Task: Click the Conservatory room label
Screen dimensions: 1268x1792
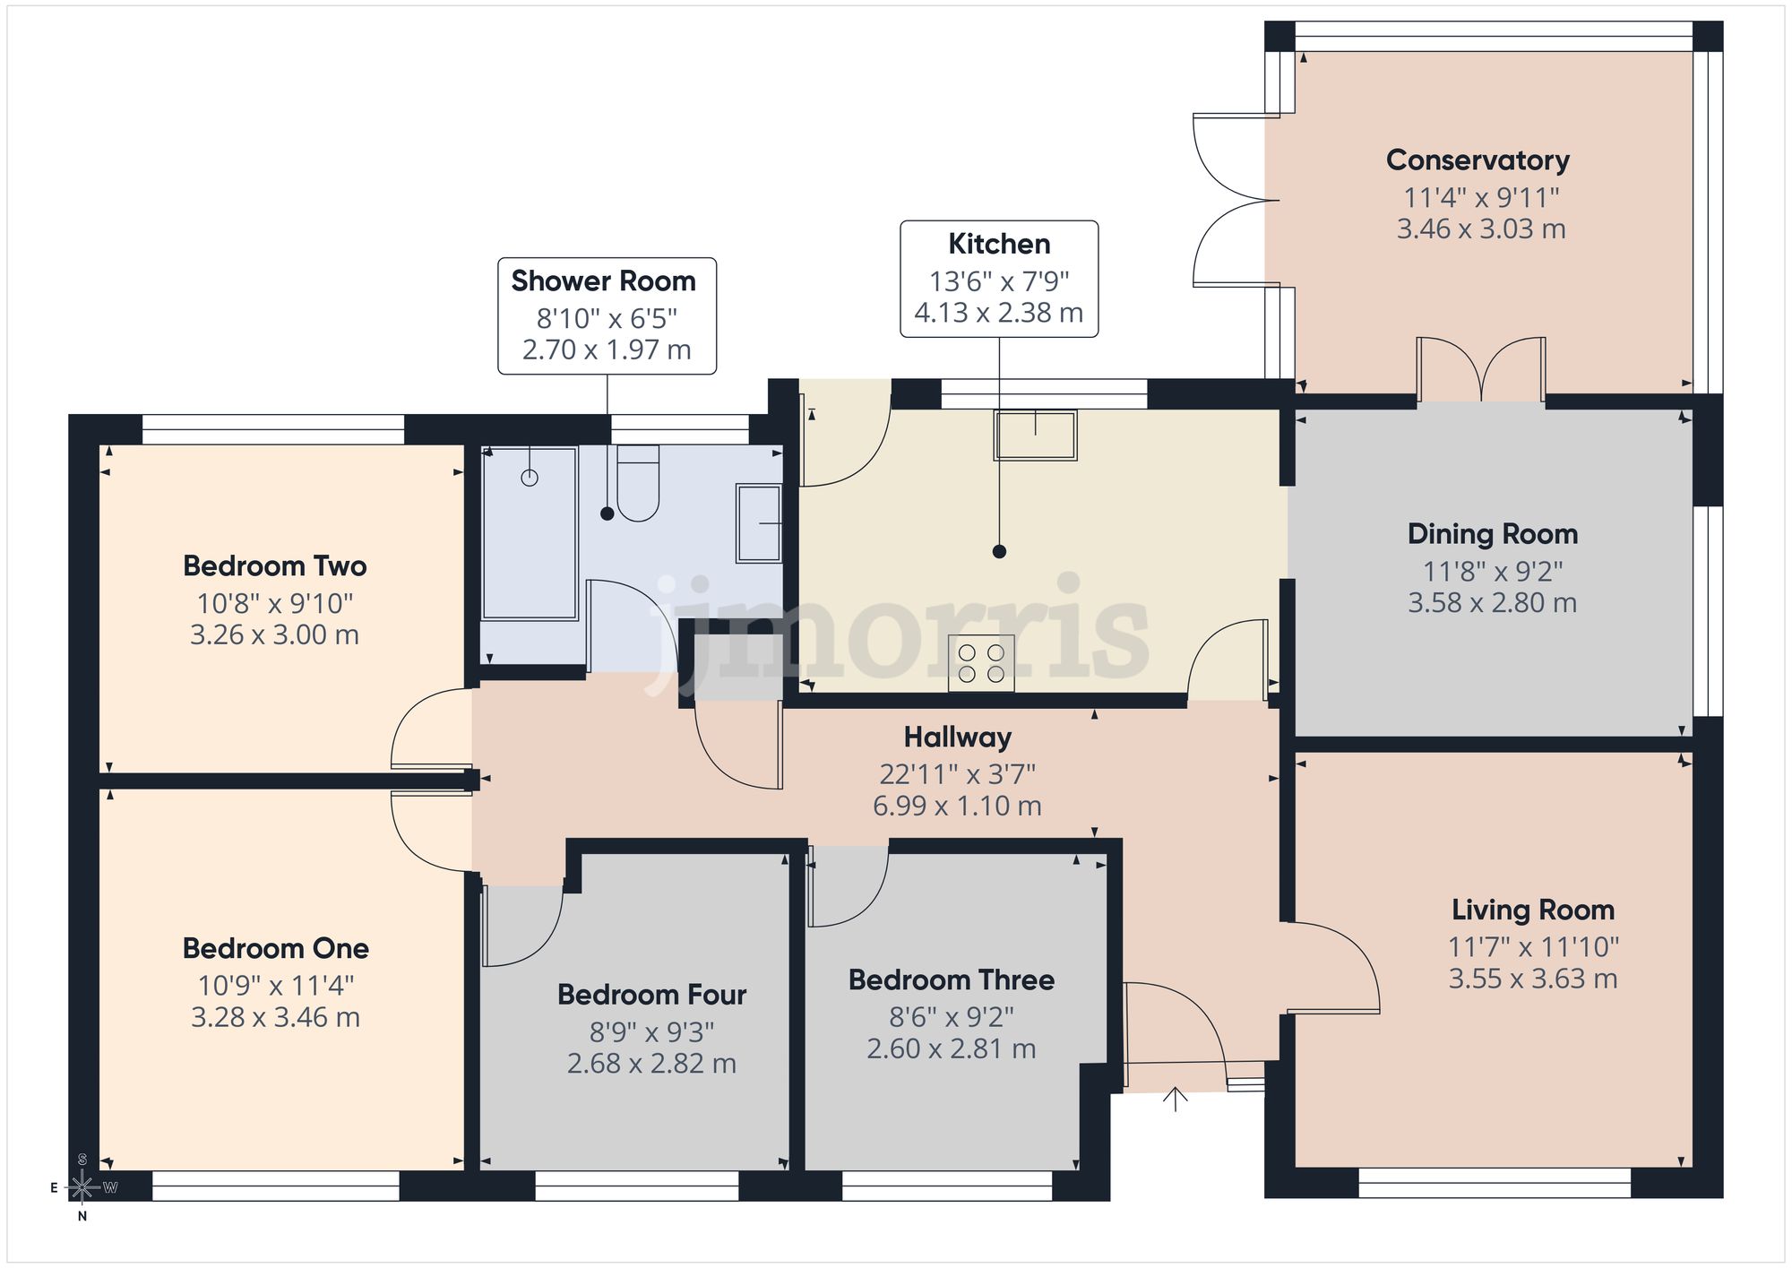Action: click(1478, 160)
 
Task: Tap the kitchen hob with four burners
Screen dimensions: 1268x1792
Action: click(981, 664)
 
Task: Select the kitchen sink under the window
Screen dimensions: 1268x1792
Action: click(1035, 435)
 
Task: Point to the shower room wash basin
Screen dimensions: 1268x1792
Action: click(758, 523)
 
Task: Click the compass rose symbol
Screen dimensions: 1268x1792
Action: click(82, 1188)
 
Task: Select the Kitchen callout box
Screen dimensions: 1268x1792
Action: click(999, 279)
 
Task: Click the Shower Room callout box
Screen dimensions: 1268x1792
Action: click(607, 315)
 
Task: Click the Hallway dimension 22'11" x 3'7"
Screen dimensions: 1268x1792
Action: click(957, 773)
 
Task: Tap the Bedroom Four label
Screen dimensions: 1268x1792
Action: click(651, 995)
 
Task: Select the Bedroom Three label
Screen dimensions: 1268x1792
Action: click(951, 980)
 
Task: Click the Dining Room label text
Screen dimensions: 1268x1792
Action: click(1492, 534)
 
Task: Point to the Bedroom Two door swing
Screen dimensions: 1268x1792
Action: click(430, 728)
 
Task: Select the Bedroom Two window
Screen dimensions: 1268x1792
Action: click(273, 430)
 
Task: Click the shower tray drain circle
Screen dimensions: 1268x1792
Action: click(530, 478)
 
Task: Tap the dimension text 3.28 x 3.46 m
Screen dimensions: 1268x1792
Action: click(275, 1018)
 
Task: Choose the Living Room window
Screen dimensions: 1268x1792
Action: click(1494, 1183)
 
